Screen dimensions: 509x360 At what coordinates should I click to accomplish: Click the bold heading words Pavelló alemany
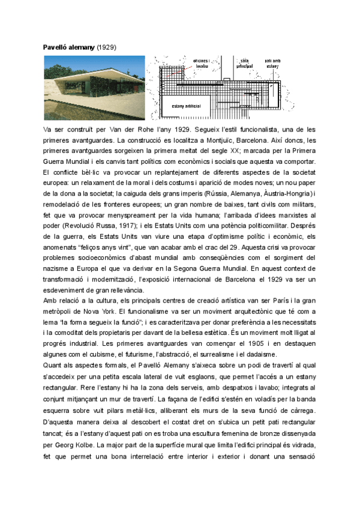69,46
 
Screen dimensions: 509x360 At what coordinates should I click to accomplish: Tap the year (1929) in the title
107,46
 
